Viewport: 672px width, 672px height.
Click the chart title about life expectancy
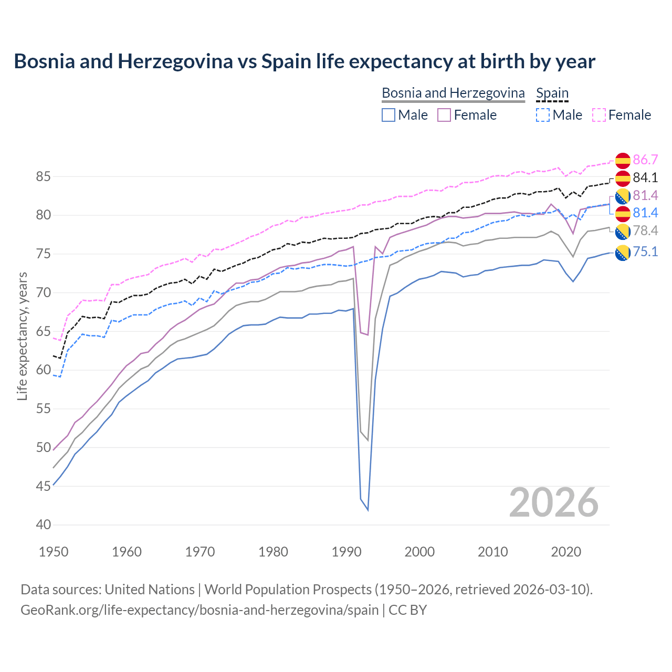304,61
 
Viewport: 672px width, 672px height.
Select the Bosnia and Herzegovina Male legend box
388,115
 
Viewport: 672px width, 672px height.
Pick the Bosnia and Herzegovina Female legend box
444,115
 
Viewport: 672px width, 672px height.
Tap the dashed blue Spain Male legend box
543,115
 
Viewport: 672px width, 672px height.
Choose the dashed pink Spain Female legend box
599,115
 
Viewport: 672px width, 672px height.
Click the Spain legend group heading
552,93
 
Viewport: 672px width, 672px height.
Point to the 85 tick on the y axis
43,177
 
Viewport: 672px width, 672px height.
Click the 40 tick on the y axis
43,524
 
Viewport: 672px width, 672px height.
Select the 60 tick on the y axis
43,370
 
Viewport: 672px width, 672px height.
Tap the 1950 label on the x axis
54,552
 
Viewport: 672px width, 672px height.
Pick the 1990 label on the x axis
346,552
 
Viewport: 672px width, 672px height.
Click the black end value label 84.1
645,177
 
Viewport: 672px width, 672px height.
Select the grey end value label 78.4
645,231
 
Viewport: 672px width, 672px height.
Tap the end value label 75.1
645,252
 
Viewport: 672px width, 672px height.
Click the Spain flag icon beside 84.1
623,178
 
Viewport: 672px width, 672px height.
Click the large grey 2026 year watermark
554,502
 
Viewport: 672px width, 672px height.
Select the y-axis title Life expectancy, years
23,336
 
